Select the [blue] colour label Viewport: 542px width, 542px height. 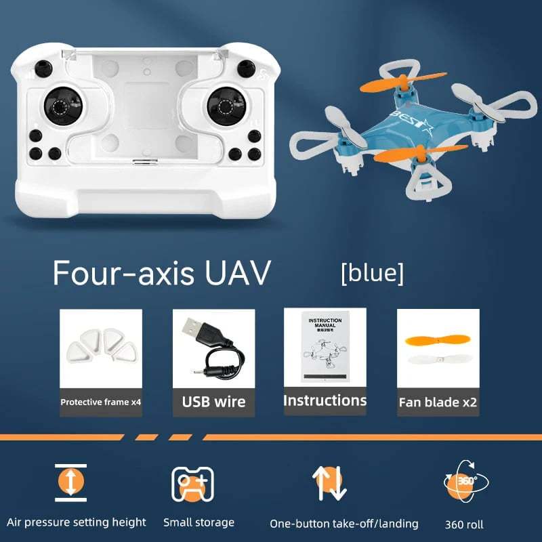tap(372, 273)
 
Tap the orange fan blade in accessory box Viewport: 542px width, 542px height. tap(437, 339)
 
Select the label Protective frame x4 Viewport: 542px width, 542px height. tap(100, 402)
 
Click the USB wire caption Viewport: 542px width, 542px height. tap(213, 402)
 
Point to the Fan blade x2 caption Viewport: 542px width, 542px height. tap(438, 402)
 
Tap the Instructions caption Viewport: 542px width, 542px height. tap(325, 400)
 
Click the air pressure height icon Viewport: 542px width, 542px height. tap(71, 482)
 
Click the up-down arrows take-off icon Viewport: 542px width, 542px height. tap(329, 483)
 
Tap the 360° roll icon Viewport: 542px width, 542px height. tap(464, 482)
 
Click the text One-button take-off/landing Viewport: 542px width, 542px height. tap(343, 524)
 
